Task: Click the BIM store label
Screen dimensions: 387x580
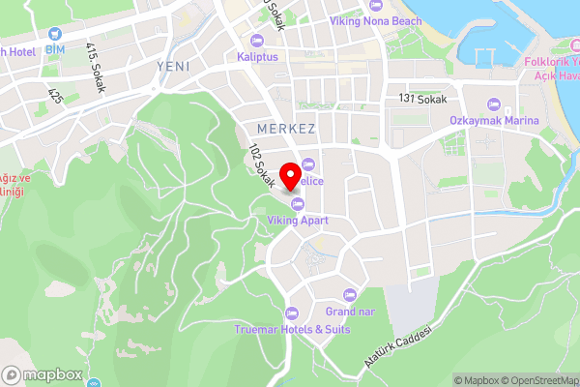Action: [54, 48]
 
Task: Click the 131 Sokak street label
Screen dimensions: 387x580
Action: [420, 99]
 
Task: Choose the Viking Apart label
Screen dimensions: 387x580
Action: [298, 221]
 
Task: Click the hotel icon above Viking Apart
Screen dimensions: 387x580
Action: [298, 203]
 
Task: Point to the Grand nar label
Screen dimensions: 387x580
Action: [349, 312]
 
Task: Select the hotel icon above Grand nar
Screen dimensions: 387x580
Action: [349, 295]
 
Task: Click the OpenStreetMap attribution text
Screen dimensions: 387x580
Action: [536, 380]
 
